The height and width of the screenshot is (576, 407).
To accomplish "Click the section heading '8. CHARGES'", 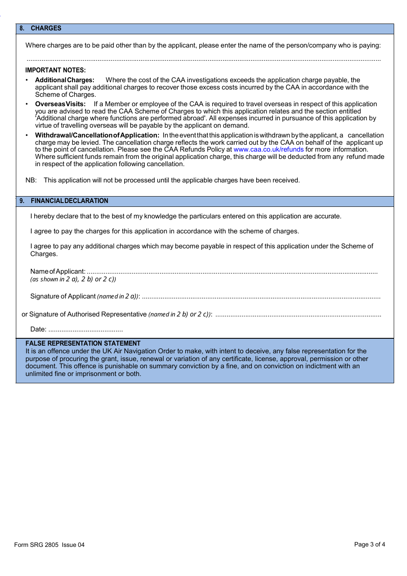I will [x=41, y=28].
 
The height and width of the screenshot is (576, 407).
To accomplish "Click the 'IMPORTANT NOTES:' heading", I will [x=55, y=70].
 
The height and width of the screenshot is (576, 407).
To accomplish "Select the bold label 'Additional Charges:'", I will [x=65, y=80].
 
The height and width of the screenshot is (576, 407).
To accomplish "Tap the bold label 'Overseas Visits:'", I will [x=60, y=104].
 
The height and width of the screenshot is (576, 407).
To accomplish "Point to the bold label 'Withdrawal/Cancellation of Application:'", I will [x=97, y=135].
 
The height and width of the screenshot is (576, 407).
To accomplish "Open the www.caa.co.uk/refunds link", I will [x=269, y=149].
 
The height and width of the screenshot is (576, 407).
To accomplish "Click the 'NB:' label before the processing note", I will [x=31, y=180].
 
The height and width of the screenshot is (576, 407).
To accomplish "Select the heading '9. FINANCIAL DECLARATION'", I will [x=64, y=201].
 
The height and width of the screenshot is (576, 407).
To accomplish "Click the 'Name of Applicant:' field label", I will [x=58, y=272].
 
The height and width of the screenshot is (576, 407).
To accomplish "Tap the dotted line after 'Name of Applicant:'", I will [x=232, y=272].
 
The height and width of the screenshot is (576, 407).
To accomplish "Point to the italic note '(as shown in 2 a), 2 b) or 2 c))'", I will [x=73, y=279].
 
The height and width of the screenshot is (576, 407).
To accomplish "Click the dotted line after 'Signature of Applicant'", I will [x=261, y=297].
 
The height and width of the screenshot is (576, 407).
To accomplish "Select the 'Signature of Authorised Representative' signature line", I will [x=298, y=315].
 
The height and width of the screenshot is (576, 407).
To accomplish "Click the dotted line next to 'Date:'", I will [x=86, y=330].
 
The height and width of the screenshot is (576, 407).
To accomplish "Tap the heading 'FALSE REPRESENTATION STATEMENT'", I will [x=83, y=343].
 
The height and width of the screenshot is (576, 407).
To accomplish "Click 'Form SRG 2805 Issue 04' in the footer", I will [x=49, y=545].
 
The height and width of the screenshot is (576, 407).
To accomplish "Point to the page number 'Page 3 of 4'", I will [x=369, y=544].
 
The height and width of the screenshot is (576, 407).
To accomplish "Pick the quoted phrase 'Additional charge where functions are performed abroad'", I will [x=121, y=118].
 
